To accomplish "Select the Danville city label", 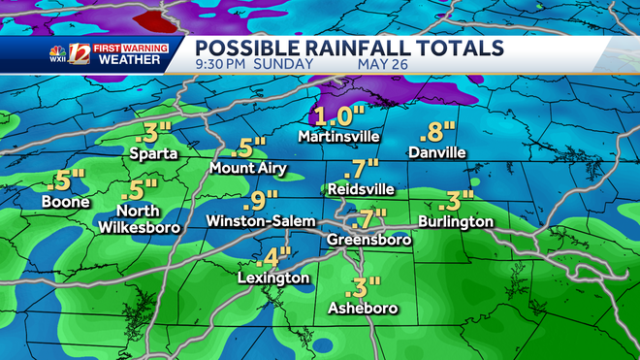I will pyautogui.click(x=436, y=153).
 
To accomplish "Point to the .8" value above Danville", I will pyautogui.click(x=434, y=133).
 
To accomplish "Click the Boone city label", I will pyautogui.click(x=66, y=202).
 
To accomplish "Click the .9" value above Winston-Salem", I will pyautogui.click(x=253, y=200).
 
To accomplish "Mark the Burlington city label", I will pyautogui.click(x=456, y=221).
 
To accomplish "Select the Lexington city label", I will pyautogui.click(x=273, y=278).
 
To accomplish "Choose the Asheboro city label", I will pyautogui.click(x=364, y=309).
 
